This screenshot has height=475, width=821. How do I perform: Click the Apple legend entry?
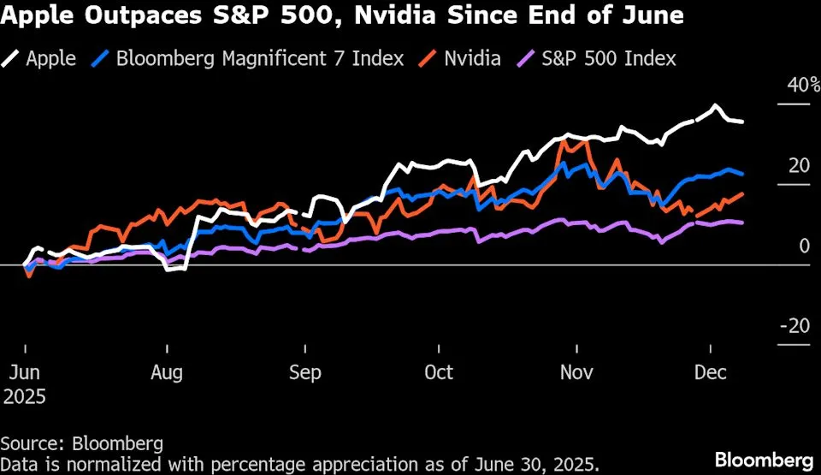pyautogui.click(x=50, y=58)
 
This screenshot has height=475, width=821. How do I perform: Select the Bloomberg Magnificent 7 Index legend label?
pyautogui.click(x=259, y=58)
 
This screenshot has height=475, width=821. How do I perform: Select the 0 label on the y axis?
pyautogui.click(x=804, y=246)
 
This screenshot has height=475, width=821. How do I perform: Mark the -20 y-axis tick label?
pyautogui.click(x=795, y=326)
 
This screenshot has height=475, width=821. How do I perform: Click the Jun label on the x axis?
pyautogui.click(x=25, y=373)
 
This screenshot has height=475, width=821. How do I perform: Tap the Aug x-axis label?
pyautogui.click(x=167, y=373)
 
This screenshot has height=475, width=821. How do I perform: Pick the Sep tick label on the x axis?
pyautogui.click(x=305, y=373)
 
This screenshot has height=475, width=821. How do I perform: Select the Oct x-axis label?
pyautogui.click(x=439, y=373)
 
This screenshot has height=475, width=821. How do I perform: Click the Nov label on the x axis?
pyautogui.click(x=577, y=373)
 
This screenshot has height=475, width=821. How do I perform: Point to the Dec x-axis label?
pyautogui.click(x=711, y=373)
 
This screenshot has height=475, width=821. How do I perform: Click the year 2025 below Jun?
pyautogui.click(x=25, y=396)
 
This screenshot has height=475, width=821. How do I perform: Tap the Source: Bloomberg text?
pyautogui.click(x=81, y=443)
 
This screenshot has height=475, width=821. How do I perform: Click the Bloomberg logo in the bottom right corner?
pyautogui.click(x=764, y=459)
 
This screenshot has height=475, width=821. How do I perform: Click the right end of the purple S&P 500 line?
pyautogui.click(x=742, y=223)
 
